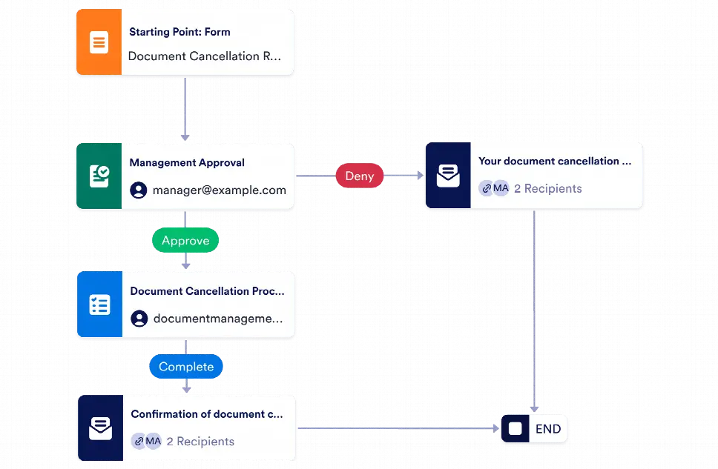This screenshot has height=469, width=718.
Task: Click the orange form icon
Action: click(x=99, y=43)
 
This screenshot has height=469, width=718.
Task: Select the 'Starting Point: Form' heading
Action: click(x=179, y=32)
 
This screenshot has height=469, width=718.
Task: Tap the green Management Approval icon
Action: click(x=99, y=176)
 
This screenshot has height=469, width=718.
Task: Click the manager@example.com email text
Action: click(x=219, y=190)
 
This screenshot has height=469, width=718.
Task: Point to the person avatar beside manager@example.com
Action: click(x=139, y=190)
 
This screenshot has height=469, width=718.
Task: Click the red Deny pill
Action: click(x=360, y=176)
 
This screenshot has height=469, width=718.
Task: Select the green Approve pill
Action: click(x=185, y=241)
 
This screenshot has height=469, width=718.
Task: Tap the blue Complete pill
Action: click(x=185, y=367)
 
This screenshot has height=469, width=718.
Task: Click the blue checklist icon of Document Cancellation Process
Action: click(x=99, y=305)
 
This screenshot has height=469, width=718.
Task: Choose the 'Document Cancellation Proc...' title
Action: click(x=207, y=291)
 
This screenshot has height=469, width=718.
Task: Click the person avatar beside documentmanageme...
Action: click(x=139, y=319)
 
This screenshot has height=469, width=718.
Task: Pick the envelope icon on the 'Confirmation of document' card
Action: click(x=100, y=428)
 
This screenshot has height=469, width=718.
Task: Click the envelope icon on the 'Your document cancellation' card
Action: click(x=447, y=176)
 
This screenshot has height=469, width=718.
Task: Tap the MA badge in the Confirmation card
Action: click(x=153, y=442)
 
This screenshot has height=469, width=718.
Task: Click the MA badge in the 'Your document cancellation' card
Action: click(x=501, y=188)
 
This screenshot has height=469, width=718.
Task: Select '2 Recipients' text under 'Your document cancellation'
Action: click(x=547, y=189)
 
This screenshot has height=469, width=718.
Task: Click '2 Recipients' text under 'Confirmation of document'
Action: click(x=200, y=442)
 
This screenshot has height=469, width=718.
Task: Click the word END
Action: click(x=548, y=429)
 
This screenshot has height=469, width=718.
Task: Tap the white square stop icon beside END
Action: click(x=516, y=429)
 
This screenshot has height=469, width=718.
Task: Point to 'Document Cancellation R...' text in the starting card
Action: click(x=204, y=56)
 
